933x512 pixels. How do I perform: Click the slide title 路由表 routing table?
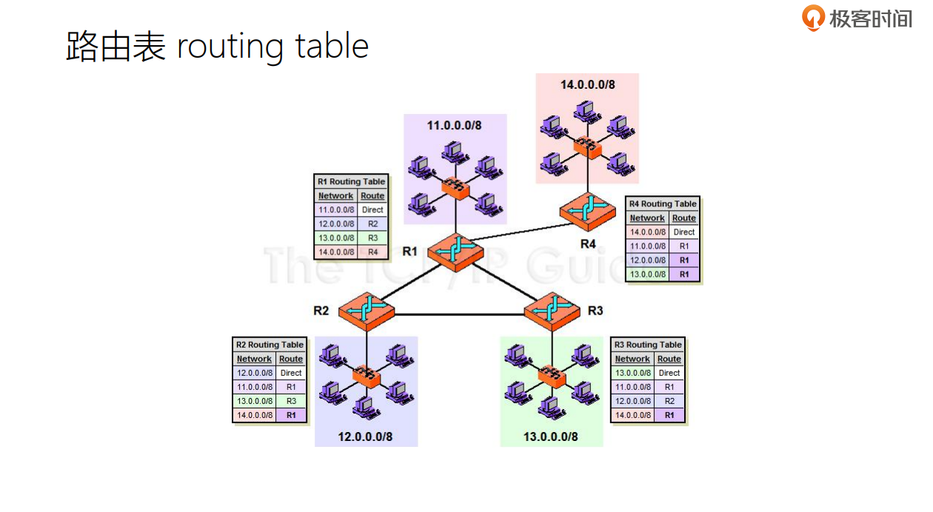(x=217, y=47)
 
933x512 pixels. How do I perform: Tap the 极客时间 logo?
(x=857, y=18)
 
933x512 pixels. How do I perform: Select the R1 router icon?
(x=455, y=249)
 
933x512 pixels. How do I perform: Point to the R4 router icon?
(x=588, y=211)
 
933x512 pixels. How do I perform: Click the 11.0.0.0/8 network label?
(x=454, y=125)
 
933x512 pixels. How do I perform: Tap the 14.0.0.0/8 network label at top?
(x=587, y=84)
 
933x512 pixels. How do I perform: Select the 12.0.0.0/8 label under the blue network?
(x=365, y=437)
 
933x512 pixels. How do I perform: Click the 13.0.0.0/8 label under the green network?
(x=551, y=437)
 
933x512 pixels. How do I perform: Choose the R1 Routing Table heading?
(x=351, y=181)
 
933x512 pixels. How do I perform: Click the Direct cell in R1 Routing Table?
(x=372, y=210)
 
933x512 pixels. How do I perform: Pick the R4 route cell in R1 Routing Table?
(x=372, y=252)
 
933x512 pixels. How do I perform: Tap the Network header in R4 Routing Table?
(x=647, y=218)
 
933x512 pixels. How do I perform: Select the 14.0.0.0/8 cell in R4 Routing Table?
(x=647, y=232)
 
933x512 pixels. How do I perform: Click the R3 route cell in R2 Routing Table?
(x=291, y=401)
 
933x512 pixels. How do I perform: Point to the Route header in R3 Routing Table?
(x=669, y=359)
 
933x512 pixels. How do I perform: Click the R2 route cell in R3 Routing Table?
(x=669, y=401)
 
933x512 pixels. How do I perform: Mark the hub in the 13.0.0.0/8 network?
(x=552, y=376)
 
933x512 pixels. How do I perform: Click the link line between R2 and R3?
(x=459, y=314)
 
